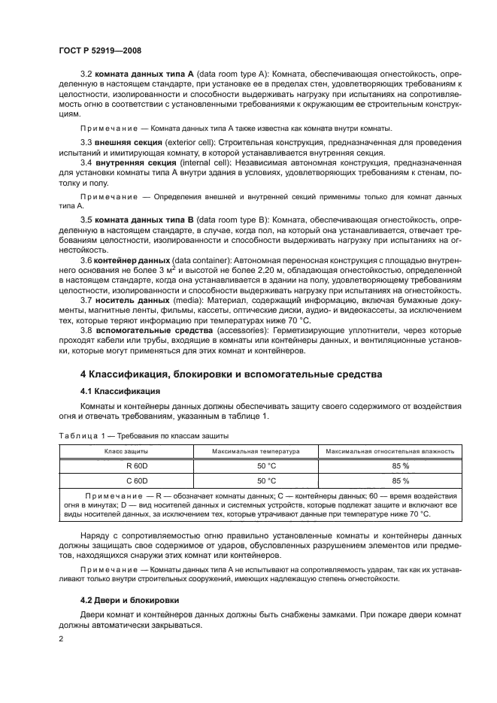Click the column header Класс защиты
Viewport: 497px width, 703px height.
click(125, 451)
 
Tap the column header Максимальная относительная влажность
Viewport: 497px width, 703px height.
click(388, 451)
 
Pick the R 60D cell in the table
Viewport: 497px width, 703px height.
click(125, 465)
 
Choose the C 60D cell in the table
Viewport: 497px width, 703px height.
click(125, 480)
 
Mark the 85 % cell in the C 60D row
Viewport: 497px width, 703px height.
click(388, 480)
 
